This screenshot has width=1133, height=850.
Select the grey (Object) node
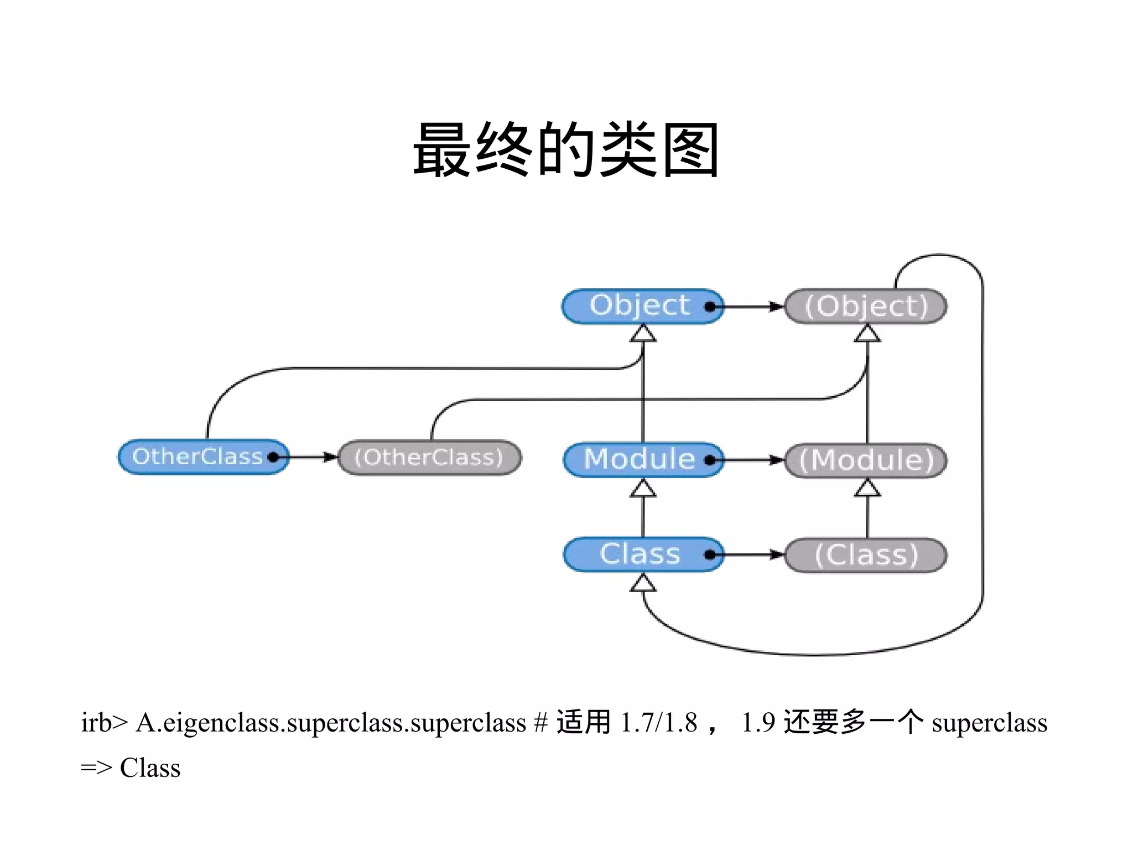[866, 307]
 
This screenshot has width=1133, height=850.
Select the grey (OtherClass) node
[429, 457]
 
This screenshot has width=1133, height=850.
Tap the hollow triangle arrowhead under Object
[643, 334]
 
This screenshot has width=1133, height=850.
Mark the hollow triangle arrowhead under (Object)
[867, 334]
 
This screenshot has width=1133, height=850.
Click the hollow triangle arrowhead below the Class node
[643, 583]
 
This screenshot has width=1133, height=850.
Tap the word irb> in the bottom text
[104, 723]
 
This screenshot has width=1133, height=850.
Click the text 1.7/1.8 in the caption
[658, 723]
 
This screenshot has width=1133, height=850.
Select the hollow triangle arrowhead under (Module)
[867, 489]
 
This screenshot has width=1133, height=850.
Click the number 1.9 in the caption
[758, 723]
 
